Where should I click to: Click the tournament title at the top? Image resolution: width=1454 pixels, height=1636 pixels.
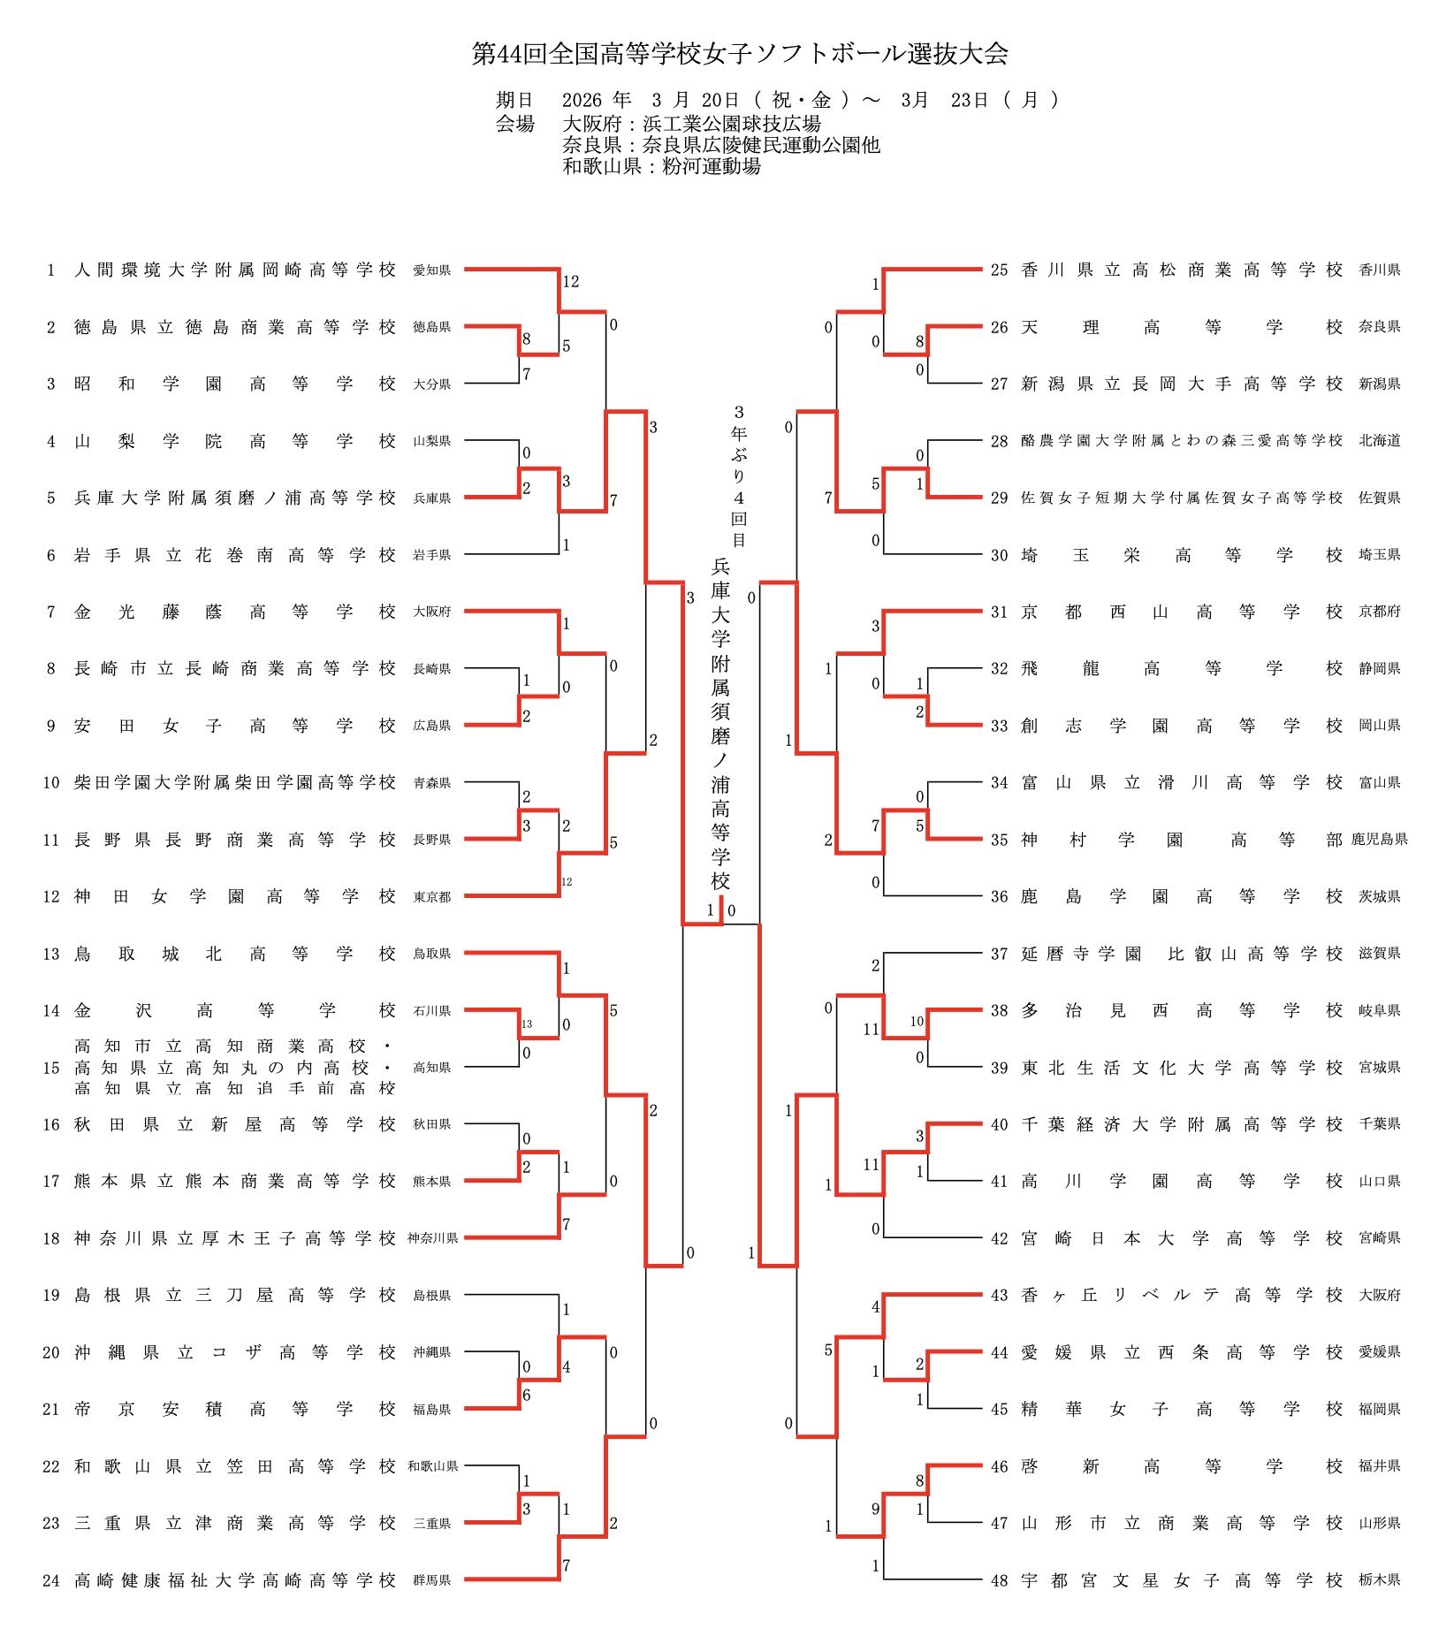[x=740, y=54]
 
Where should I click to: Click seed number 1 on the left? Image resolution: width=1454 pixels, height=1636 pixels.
[x=51, y=270]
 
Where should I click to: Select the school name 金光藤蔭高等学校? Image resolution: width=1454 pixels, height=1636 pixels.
[x=234, y=612]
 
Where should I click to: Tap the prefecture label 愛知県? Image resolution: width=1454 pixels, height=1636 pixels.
[x=431, y=270]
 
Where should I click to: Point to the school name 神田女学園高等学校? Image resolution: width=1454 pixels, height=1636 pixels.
[x=234, y=896]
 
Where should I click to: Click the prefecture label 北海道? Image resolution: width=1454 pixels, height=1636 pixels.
[x=1379, y=440]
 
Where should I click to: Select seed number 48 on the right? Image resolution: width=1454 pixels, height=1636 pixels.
[x=999, y=1580]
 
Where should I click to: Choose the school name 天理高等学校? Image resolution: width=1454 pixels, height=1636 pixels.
[x=1181, y=327]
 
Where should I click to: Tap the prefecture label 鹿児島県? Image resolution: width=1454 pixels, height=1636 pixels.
[x=1379, y=840]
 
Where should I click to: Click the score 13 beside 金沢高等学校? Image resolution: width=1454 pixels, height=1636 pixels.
[x=527, y=1024]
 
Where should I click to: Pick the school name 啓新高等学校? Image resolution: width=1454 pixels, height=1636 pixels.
[x=1181, y=1466]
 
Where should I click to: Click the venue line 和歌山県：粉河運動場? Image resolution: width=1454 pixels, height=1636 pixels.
[x=661, y=166]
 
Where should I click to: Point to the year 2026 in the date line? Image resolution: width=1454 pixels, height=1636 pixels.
[x=581, y=100]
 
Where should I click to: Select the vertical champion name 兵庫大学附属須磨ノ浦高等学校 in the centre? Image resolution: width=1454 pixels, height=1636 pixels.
[x=720, y=725]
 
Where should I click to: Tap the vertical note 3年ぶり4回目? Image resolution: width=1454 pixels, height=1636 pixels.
[x=739, y=476]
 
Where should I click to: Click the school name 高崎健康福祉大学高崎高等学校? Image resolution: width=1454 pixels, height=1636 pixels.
[x=234, y=1580]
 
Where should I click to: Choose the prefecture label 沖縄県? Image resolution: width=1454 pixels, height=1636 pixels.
[x=431, y=1352]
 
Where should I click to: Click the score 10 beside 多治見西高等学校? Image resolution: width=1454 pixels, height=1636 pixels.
[x=917, y=1022]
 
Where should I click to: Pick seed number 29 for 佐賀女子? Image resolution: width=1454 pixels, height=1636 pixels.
[x=999, y=498]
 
